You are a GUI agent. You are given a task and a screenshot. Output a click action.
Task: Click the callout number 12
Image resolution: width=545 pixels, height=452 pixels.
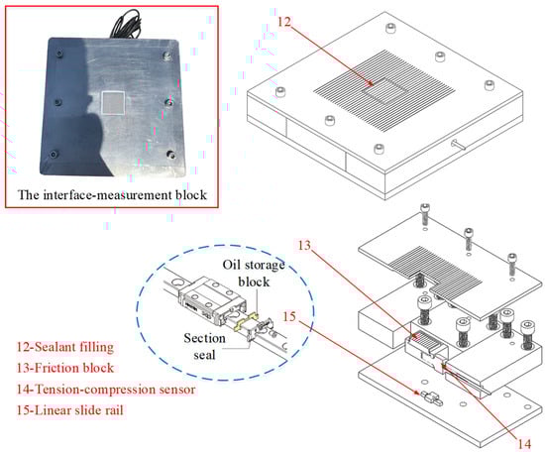point(284,22)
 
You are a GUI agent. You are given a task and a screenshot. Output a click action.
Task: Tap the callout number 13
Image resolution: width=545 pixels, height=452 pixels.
point(304,246)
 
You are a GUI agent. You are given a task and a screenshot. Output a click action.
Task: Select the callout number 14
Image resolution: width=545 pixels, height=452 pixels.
point(524,444)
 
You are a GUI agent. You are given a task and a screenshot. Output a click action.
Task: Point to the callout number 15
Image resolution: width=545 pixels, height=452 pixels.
point(289,316)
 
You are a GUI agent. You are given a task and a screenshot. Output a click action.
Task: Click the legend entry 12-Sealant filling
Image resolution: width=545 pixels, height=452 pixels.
point(65,347)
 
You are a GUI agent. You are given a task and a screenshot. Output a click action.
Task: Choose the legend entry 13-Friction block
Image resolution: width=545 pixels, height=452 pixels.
point(65,368)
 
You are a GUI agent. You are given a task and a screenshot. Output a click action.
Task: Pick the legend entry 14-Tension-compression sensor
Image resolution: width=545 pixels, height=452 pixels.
point(106,390)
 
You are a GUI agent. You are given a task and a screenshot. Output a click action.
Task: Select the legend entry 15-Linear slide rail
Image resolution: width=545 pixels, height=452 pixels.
point(70,410)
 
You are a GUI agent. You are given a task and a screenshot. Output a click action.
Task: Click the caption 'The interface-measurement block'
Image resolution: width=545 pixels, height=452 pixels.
point(112,194)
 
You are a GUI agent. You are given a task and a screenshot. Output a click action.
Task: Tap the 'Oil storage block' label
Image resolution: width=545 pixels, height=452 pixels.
point(254,274)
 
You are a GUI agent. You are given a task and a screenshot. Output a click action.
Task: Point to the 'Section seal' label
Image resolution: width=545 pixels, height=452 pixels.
point(204,346)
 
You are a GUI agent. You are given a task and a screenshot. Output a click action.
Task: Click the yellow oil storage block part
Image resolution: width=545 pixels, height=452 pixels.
point(246,321)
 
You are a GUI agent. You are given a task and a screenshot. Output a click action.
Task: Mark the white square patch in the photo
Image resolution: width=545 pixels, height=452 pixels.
point(113,102)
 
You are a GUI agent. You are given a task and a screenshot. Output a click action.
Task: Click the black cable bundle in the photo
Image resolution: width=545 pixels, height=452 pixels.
point(126,24)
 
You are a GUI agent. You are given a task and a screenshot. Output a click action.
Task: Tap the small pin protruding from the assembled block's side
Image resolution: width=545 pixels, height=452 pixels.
point(459,145)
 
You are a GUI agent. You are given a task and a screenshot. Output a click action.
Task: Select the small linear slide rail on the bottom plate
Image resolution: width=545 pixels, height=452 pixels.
point(432,398)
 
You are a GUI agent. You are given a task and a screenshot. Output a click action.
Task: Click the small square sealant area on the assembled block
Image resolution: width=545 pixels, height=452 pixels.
point(383,91)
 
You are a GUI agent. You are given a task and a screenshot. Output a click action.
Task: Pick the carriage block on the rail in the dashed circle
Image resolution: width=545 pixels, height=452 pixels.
point(212,299)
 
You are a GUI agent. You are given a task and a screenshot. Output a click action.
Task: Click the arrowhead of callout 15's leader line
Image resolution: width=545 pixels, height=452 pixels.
point(418,393)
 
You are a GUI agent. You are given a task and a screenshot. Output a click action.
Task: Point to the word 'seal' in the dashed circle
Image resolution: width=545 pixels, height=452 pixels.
point(204,355)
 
